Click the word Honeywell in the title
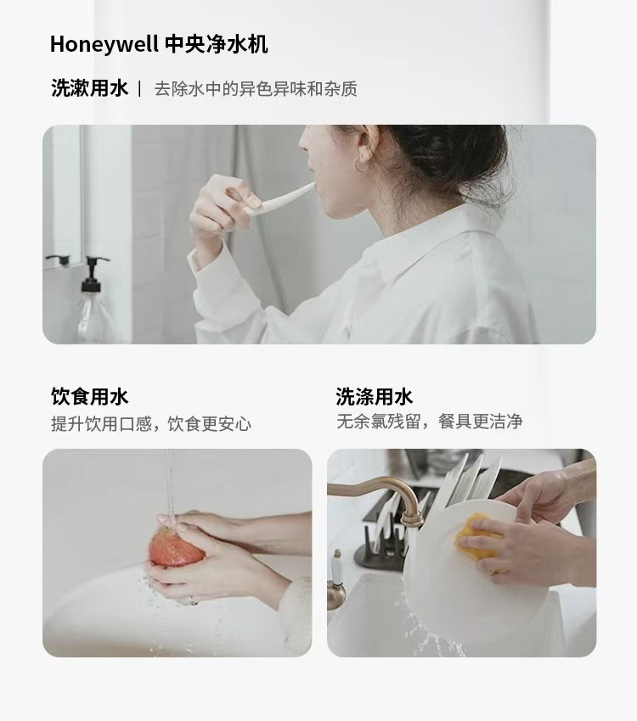click(x=104, y=45)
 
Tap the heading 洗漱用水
click(x=90, y=88)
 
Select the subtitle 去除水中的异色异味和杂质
click(x=256, y=89)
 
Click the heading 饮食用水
click(x=90, y=396)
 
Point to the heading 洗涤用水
click(x=375, y=396)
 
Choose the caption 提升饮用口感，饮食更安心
click(x=151, y=423)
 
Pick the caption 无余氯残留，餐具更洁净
click(x=430, y=421)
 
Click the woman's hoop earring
click(x=362, y=165)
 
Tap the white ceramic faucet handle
click(x=337, y=569)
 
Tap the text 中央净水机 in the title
click(x=217, y=45)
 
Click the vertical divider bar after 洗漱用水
click(x=139, y=88)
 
